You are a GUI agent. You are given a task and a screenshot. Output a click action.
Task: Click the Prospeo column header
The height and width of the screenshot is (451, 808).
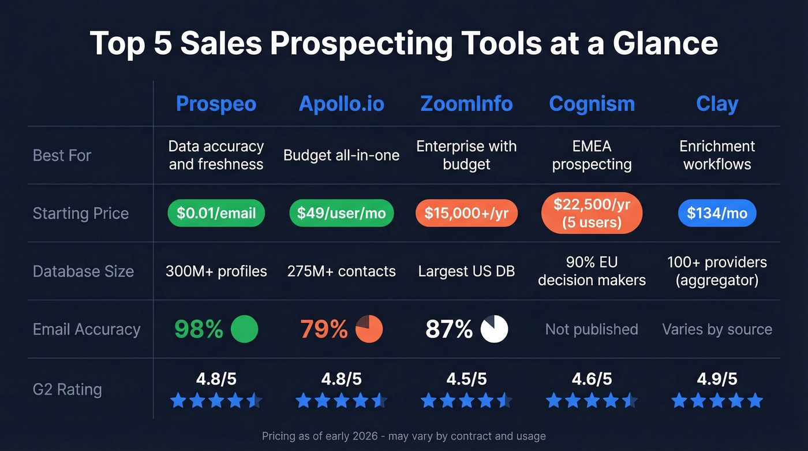pyautogui.click(x=216, y=104)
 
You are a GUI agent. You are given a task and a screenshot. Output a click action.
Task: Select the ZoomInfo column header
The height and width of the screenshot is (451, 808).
pyautogui.click(x=466, y=104)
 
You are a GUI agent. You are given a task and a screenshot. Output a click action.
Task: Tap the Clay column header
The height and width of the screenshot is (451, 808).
pyautogui.click(x=717, y=104)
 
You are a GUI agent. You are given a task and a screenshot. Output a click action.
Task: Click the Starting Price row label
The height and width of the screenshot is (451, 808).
pyautogui.click(x=81, y=214)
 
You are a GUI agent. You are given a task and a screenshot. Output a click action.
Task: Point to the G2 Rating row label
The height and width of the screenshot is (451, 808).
pyautogui.click(x=67, y=389)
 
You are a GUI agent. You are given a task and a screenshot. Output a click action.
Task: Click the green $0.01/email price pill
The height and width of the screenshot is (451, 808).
pyautogui.click(x=216, y=214)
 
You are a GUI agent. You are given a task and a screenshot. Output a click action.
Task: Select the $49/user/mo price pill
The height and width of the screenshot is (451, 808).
pyautogui.click(x=341, y=214)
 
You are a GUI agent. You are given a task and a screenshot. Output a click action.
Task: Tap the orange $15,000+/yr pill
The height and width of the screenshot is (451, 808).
pyautogui.click(x=466, y=214)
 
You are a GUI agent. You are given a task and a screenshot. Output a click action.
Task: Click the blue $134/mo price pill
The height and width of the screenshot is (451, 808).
pyautogui.click(x=717, y=214)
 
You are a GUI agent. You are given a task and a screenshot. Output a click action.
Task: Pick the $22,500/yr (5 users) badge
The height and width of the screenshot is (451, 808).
pyautogui.click(x=592, y=214)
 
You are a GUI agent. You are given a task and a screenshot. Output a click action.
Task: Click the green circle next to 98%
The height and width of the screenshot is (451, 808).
pyautogui.click(x=244, y=329)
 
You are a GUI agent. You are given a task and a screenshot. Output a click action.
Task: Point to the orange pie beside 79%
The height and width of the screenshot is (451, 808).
pyautogui.click(x=369, y=329)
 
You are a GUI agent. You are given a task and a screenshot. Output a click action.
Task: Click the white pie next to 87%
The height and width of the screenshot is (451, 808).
pyautogui.click(x=494, y=329)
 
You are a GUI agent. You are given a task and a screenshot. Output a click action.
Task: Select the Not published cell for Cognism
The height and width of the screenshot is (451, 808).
pyautogui.click(x=592, y=329)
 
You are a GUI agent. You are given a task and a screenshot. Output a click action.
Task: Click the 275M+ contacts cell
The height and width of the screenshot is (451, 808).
pyautogui.click(x=341, y=271)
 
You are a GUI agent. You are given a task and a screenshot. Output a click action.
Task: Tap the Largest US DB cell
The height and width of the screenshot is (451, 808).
pyautogui.click(x=466, y=271)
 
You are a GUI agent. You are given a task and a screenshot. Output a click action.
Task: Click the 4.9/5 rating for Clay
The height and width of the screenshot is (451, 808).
pyautogui.click(x=717, y=379)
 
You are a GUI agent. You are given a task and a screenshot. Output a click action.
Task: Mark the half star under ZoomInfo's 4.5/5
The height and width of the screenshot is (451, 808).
pyautogui.click(x=504, y=401)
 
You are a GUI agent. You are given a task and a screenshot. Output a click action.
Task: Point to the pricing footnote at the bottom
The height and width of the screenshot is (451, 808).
pyautogui.click(x=403, y=436)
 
